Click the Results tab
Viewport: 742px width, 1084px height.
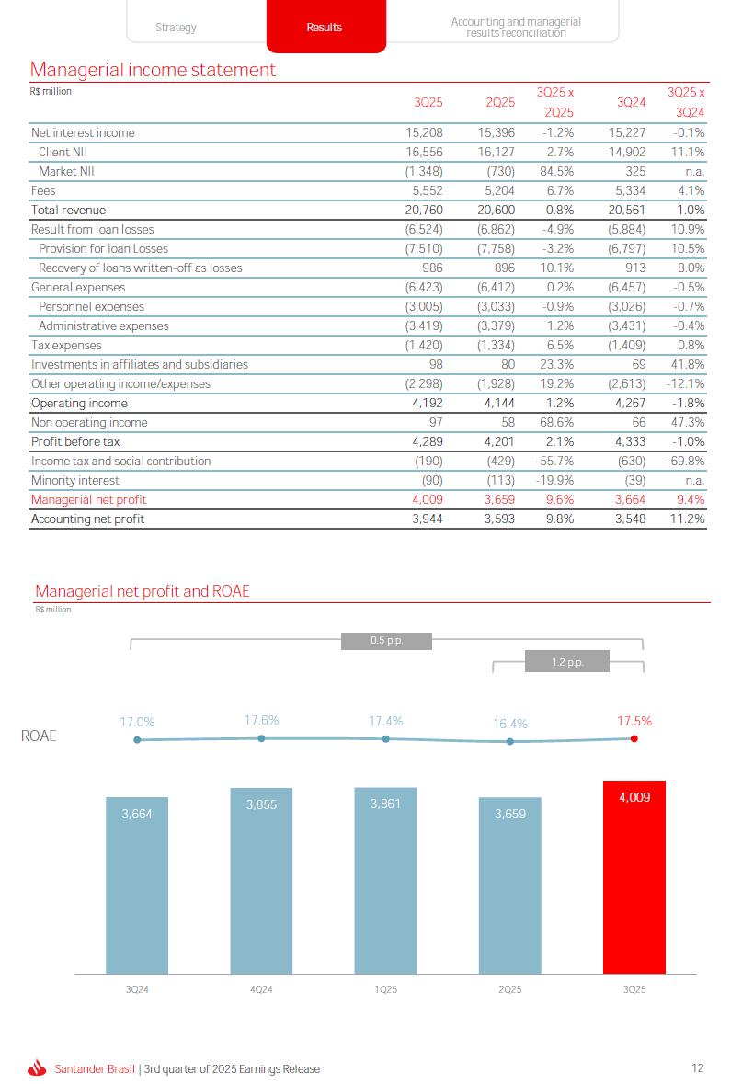tap(325, 28)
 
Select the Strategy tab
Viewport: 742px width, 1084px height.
tap(176, 28)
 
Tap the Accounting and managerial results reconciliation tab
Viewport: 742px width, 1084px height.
tap(515, 27)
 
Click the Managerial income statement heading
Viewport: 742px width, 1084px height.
tap(153, 70)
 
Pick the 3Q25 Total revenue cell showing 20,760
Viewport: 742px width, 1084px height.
tap(424, 211)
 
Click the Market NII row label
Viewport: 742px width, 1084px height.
tap(66, 172)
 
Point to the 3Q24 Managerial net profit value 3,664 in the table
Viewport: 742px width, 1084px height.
tap(628, 500)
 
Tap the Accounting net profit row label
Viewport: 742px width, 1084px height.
tap(87, 519)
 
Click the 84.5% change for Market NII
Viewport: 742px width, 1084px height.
tap(556, 172)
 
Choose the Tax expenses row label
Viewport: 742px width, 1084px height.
tap(66, 346)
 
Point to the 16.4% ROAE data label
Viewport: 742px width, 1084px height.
tap(510, 724)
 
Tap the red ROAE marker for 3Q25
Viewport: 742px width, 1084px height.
tap(634, 738)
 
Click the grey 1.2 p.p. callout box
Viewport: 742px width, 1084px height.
tap(567, 661)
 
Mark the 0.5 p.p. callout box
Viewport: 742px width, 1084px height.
tap(386, 640)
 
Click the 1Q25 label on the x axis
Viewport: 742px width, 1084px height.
tap(386, 989)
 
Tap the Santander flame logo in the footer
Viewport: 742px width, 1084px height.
tap(37, 1068)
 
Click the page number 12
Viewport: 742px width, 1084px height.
tap(698, 1068)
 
